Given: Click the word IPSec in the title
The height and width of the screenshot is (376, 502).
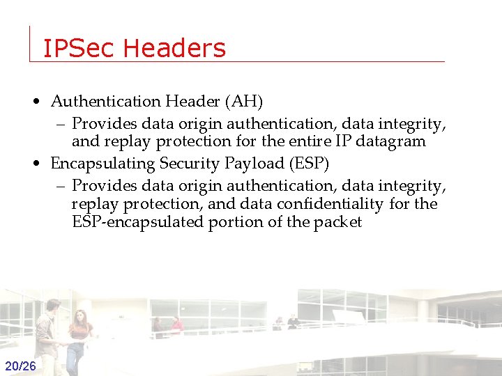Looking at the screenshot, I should pos(79,48).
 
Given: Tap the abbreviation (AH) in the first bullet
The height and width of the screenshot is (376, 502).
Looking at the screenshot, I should pos(243,102).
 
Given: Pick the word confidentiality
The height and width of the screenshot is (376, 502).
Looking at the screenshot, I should pos(330,204).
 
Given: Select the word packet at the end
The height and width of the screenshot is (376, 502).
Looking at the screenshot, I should pos(338,223).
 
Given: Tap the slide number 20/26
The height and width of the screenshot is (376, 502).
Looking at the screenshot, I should pos(21,366).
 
